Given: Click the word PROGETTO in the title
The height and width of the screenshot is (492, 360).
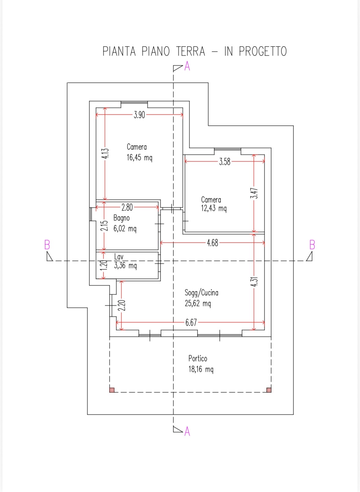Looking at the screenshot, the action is click(x=263, y=51).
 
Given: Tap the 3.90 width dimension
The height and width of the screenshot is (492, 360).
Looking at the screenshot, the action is click(x=140, y=115).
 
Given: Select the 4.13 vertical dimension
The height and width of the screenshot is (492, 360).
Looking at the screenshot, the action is click(x=105, y=153).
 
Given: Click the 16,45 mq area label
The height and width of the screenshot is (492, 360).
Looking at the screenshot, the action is click(x=140, y=158).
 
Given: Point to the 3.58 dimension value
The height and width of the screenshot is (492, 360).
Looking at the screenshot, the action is click(x=225, y=162).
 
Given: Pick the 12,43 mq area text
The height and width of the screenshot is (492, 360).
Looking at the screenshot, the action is click(x=214, y=208).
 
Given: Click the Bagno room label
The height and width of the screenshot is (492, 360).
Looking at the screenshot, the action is click(x=122, y=218).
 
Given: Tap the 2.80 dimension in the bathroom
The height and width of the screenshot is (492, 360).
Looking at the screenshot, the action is click(x=127, y=207).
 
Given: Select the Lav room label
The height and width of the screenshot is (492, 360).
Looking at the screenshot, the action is click(x=119, y=257).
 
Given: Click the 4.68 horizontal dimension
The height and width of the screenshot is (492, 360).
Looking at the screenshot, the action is click(x=213, y=243).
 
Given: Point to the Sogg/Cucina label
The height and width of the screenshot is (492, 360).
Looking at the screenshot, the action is click(x=202, y=293).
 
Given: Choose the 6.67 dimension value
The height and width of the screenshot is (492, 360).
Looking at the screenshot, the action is click(x=191, y=323).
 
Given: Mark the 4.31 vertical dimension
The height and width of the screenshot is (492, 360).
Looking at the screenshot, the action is click(x=254, y=282).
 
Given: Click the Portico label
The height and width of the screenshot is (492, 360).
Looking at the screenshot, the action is click(x=198, y=359).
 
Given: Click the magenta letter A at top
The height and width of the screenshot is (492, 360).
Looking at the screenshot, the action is click(x=187, y=66).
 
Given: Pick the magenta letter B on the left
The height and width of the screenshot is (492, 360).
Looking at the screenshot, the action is click(x=47, y=245).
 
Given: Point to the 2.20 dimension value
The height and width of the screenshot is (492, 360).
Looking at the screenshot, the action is click(x=122, y=306).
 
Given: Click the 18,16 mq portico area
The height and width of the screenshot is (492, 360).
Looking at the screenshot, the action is click(x=201, y=369).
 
